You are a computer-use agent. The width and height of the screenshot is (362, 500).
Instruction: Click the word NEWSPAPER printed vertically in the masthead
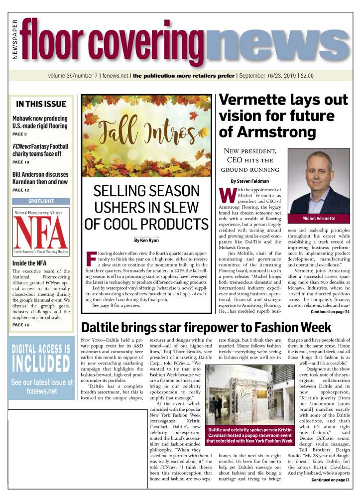point(14,40)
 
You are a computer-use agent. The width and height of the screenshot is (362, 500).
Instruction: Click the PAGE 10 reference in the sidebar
point(21,162)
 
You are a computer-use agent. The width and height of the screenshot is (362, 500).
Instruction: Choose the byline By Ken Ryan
point(147,241)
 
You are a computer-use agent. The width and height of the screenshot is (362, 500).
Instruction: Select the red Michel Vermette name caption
point(319,219)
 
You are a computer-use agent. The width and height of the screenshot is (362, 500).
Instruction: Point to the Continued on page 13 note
point(330,480)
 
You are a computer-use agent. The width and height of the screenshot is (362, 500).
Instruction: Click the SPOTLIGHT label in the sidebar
point(41,201)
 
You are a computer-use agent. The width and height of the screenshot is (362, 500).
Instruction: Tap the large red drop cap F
point(91,258)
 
